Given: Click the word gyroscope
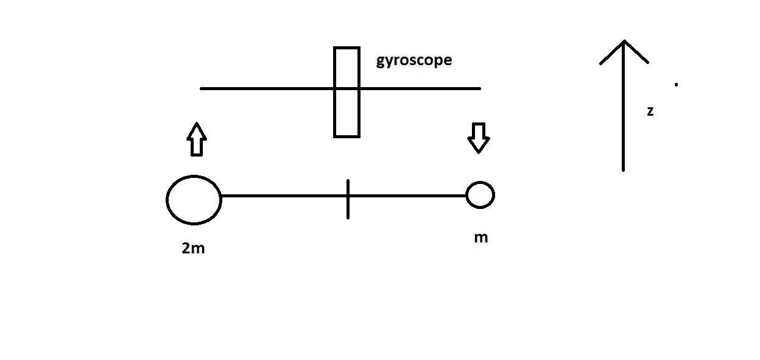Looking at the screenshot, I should coord(414,61).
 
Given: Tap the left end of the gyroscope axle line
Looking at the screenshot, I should coord(202,88).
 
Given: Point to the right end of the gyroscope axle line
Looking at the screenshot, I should coord(479,88).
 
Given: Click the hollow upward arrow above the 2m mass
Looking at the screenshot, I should coord(195,139).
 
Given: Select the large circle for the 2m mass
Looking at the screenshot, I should coord(194,200).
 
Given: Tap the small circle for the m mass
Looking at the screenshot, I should coord(480,195).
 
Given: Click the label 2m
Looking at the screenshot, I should coord(193,249).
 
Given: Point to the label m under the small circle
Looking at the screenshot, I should coord(480,238).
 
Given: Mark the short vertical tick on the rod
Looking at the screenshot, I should coord(348,199).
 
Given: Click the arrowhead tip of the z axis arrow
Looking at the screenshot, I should coord(624,41).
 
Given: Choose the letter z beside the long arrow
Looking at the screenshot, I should coord(650,111).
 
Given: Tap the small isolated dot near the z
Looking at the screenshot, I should coord(676,85).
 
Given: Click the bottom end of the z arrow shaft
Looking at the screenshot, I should coord(624,170).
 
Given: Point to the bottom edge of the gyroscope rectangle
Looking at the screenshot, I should coord(347,136).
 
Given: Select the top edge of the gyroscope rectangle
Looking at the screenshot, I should coord(347,48).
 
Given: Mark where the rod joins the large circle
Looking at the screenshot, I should coord(221,196).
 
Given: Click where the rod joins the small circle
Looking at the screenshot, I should coord(466,196).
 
